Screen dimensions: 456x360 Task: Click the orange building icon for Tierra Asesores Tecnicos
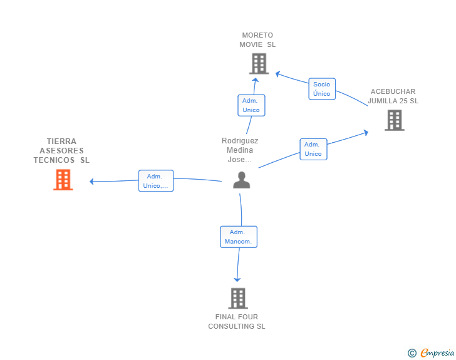pyautogui.click(x=63, y=180)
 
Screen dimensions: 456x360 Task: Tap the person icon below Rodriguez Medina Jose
pyautogui.click(x=241, y=180)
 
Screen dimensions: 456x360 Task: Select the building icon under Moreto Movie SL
pyautogui.click(x=259, y=64)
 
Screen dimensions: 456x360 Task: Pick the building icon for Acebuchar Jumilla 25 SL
pyautogui.click(x=395, y=120)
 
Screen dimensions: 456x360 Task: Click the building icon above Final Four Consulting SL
pyautogui.click(x=238, y=298)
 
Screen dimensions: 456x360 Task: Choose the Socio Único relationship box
pyautogui.click(x=322, y=89)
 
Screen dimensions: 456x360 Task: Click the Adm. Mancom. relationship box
pyautogui.click(x=239, y=237)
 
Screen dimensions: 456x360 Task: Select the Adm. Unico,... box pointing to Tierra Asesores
pyautogui.click(x=156, y=181)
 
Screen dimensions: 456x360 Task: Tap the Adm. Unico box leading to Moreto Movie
pyautogui.click(x=251, y=105)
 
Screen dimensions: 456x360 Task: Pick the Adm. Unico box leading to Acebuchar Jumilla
pyautogui.click(x=313, y=149)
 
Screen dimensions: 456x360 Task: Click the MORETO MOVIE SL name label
pyautogui.click(x=257, y=40)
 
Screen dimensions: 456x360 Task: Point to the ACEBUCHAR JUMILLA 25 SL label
pyautogui.click(x=393, y=96)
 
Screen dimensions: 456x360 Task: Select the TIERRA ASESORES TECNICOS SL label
pyautogui.click(x=61, y=151)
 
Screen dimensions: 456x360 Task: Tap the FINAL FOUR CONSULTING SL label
pyautogui.click(x=237, y=322)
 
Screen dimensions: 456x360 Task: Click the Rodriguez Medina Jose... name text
pyautogui.click(x=240, y=150)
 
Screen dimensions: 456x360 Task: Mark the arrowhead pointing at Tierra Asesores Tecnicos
pyautogui.click(x=91, y=182)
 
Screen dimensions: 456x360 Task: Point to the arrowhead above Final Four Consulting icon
pyautogui.click(x=237, y=279)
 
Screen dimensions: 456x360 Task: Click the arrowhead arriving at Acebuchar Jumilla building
pyautogui.click(x=366, y=133)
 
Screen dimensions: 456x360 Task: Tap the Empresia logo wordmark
pyautogui.click(x=437, y=352)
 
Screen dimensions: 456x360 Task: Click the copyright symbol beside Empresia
pyautogui.click(x=412, y=353)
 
